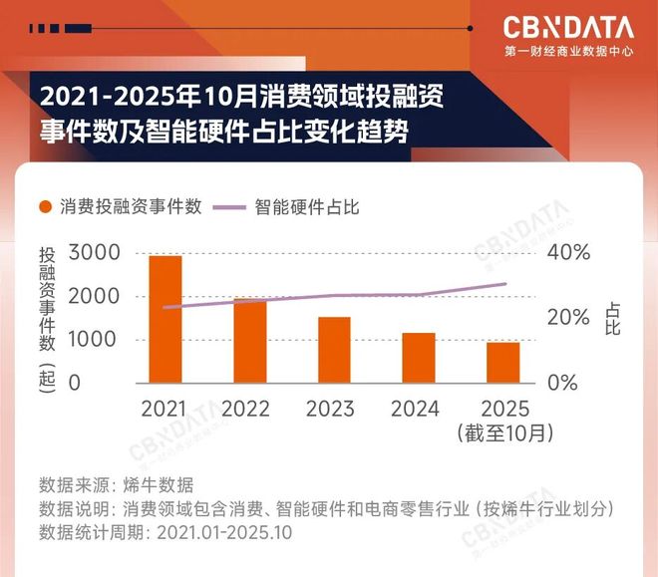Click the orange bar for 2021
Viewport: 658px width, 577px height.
pos(165,319)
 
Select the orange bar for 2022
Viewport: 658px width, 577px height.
pos(250,340)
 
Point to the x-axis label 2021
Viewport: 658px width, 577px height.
pos(165,409)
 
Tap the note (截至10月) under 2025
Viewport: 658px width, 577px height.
pos(503,433)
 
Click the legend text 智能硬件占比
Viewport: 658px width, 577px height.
pos(307,207)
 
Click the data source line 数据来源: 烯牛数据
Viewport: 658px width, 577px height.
pos(116,485)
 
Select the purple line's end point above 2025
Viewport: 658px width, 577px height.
pos(505,284)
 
